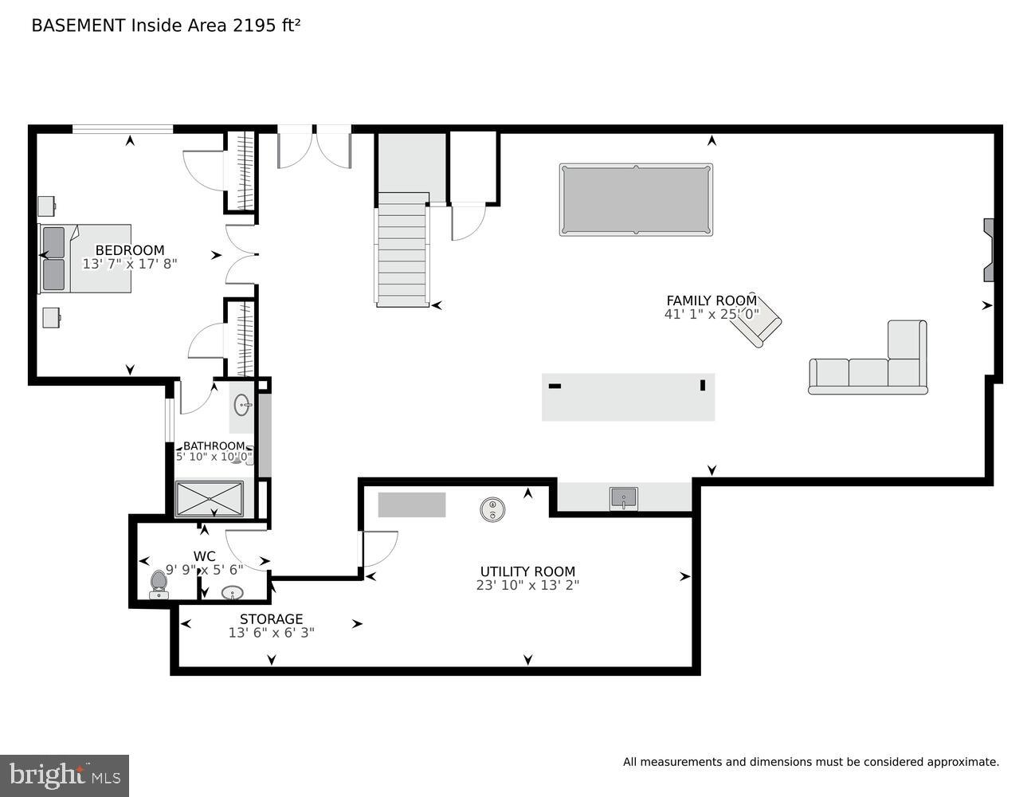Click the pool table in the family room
pos(636,199)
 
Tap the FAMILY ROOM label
pos(711,300)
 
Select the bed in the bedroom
pos(85,258)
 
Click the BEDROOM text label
pos(130,250)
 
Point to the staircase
pos(402,249)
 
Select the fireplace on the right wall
pos(988,250)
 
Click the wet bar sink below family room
pos(623,498)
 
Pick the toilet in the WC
pos(159,584)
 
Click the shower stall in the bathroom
pos(209,498)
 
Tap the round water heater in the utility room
pos(493,509)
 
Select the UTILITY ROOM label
pos(527,571)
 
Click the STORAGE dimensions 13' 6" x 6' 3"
pos(271,633)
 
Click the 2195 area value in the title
pos(250,26)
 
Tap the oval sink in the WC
pos(232,593)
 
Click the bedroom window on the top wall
pos(123,128)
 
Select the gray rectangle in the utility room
pos(411,505)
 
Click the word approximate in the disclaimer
pos(962,763)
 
